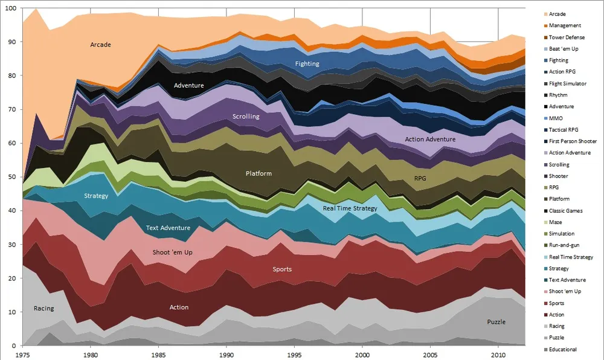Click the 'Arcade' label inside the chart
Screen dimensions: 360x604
101,45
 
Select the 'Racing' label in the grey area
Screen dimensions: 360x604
43,308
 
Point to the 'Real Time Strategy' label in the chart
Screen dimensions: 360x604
350,208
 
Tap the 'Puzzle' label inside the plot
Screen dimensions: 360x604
496,322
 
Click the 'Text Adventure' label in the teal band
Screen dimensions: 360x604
168,228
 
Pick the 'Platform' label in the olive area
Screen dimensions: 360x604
259,174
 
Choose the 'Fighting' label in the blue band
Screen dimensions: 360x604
307,63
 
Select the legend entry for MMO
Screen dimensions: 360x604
557,118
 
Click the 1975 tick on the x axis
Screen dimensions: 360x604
24,355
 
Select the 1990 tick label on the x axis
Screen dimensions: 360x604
226,355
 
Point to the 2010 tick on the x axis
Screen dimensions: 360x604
498,355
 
